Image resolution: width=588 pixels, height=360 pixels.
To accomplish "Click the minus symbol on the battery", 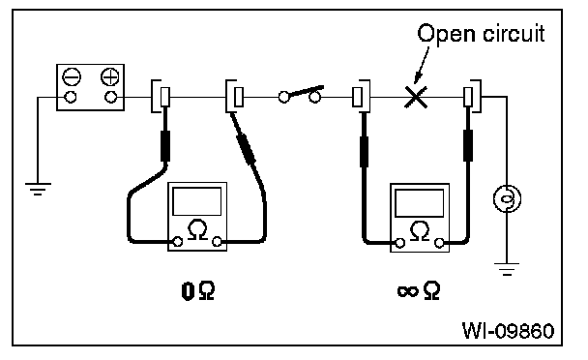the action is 72,77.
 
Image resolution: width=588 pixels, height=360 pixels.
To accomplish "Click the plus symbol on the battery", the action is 110,77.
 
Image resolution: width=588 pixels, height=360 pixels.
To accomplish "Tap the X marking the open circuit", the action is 416,97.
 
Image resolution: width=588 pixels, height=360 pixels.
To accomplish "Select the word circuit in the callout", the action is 514,33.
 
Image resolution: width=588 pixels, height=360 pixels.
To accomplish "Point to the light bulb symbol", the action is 507,198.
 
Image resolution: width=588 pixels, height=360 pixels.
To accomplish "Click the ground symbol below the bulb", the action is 507,269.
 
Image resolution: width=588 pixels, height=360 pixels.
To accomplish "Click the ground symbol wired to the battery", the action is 38,189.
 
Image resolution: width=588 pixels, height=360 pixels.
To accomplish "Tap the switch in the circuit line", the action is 301,94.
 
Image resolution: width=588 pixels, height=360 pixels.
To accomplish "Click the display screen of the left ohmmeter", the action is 197,201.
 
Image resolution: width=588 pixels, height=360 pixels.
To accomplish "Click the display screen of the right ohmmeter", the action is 420,202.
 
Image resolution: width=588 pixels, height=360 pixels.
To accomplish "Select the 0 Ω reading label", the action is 198,291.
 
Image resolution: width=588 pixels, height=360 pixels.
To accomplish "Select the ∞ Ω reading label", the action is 419,291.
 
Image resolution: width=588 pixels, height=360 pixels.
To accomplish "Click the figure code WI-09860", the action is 508,331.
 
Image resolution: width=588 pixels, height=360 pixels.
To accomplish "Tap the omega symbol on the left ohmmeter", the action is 197,229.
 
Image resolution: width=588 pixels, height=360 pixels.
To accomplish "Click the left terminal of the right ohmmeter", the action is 400,243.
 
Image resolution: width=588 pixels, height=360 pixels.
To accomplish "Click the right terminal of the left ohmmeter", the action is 217,242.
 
